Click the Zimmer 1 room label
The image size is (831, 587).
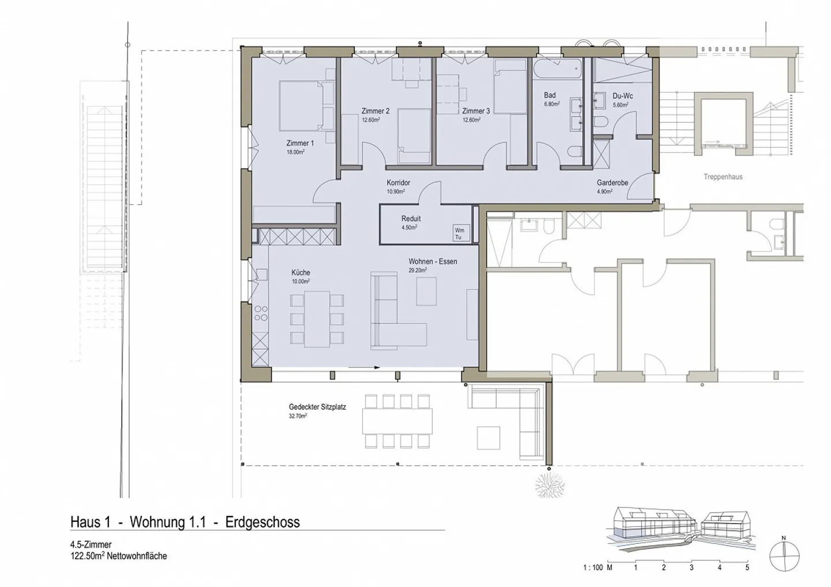(300, 143)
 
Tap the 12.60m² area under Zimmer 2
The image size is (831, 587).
(370, 120)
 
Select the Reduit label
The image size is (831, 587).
(411, 219)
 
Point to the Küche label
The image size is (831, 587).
(301, 272)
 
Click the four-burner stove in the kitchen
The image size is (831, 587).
(261, 313)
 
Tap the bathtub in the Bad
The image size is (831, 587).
(557, 69)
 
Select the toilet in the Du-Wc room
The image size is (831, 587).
(600, 122)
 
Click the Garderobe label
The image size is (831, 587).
(612, 183)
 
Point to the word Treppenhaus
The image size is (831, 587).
(723, 177)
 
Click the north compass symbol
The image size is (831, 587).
(784, 556)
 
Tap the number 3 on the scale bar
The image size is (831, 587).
(691, 567)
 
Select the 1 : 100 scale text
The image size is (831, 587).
(593, 567)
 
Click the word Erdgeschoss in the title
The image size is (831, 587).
(262, 522)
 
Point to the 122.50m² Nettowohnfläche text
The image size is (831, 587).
(119, 556)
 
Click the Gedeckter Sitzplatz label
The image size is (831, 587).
(317, 407)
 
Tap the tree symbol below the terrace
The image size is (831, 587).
(550, 485)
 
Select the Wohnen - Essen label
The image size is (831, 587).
(433, 262)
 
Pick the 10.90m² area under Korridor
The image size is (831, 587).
(395, 191)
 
